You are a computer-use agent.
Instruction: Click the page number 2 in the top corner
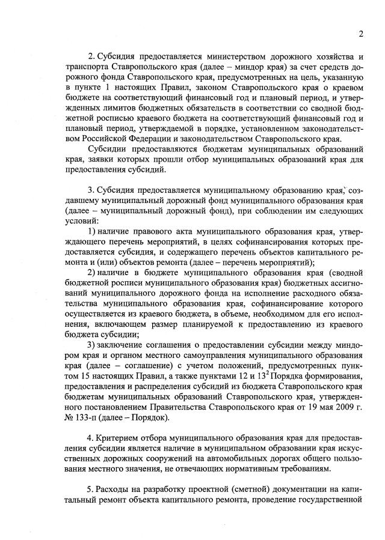click(x=360, y=33)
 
